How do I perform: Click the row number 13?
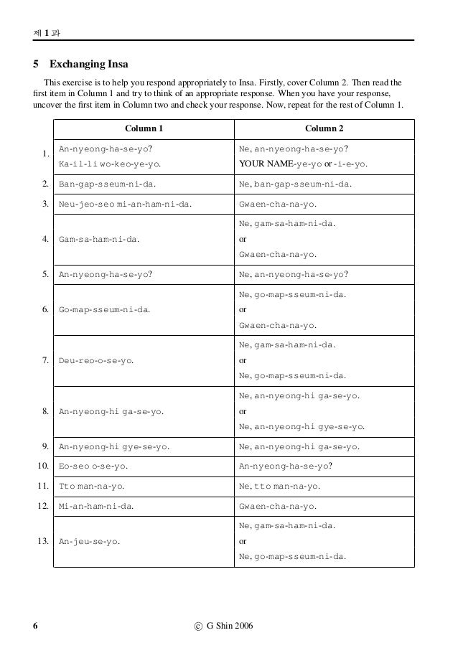(42, 541)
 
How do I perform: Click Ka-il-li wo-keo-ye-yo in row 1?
(109, 164)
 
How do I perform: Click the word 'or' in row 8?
(242, 413)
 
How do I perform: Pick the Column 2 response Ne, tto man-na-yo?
(279, 486)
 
